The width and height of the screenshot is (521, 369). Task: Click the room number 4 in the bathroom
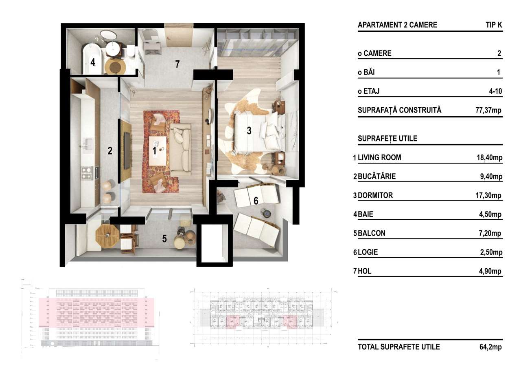pyautogui.click(x=93, y=63)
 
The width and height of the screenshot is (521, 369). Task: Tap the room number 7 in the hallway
pyautogui.click(x=177, y=64)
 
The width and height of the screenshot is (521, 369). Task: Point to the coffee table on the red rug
pyautogui.click(x=158, y=151)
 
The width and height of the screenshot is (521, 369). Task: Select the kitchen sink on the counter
pyautogui.click(x=88, y=143)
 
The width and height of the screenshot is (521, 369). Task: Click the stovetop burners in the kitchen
pyautogui.click(x=87, y=173)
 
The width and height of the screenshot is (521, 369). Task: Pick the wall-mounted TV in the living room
pyautogui.click(x=127, y=151)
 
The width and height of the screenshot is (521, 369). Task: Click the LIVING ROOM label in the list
pyautogui.click(x=379, y=157)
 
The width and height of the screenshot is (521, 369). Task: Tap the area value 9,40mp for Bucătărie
pyautogui.click(x=491, y=177)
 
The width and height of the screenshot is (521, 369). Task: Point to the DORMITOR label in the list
pyautogui.click(x=375, y=195)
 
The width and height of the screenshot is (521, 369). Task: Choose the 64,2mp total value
pyautogui.click(x=490, y=347)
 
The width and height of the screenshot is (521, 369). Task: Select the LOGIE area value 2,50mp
pyautogui.click(x=491, y=252)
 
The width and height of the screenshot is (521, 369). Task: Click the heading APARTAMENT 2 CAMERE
pyautogui.click(x=397, y=25)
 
